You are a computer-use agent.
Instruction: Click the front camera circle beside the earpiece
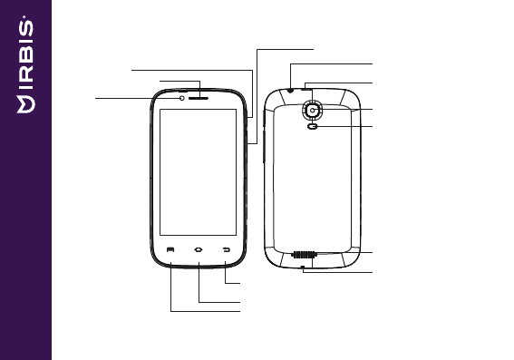182,98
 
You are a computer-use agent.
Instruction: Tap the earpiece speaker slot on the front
199,98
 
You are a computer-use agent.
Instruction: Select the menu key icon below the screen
170,250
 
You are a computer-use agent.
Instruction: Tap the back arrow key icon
227,250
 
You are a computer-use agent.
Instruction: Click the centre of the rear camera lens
313,111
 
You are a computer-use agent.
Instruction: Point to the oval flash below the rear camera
313,126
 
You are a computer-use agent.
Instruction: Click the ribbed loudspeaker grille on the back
303,255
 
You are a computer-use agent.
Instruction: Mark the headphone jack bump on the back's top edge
290,90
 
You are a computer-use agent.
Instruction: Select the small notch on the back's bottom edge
303,268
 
